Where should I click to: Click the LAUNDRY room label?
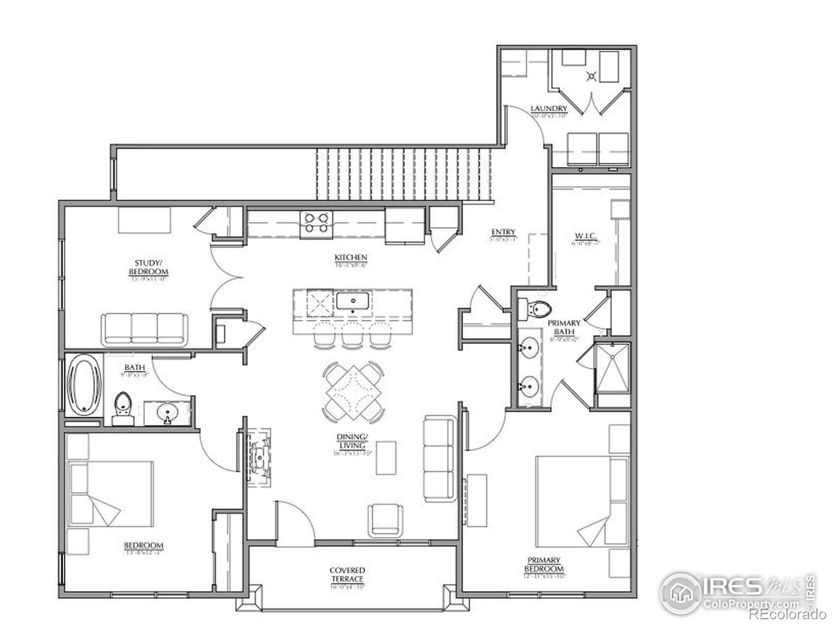pos(549,109)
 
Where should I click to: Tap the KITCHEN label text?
pos(351,257)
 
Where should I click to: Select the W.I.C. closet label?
pos(586,237)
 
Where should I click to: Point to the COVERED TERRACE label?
pos(347,575)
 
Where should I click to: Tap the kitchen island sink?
pos(353,301)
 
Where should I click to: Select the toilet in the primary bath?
pos(537,310)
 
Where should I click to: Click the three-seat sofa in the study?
pos(144,329)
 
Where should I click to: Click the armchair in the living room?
pos(385,520)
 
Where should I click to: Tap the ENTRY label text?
pos(503,232)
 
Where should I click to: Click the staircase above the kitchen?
pos(405,174)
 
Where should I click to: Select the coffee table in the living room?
pos(386,458)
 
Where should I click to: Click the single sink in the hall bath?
pos(167,413)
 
